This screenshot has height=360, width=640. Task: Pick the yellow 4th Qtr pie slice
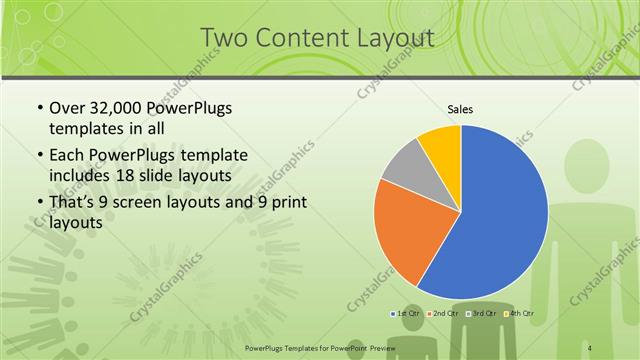pos(441,144)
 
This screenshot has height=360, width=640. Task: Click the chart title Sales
pos(460,110)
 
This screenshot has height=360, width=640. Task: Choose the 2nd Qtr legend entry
pos(446,313)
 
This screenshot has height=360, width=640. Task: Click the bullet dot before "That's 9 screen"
pos(38,205)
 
